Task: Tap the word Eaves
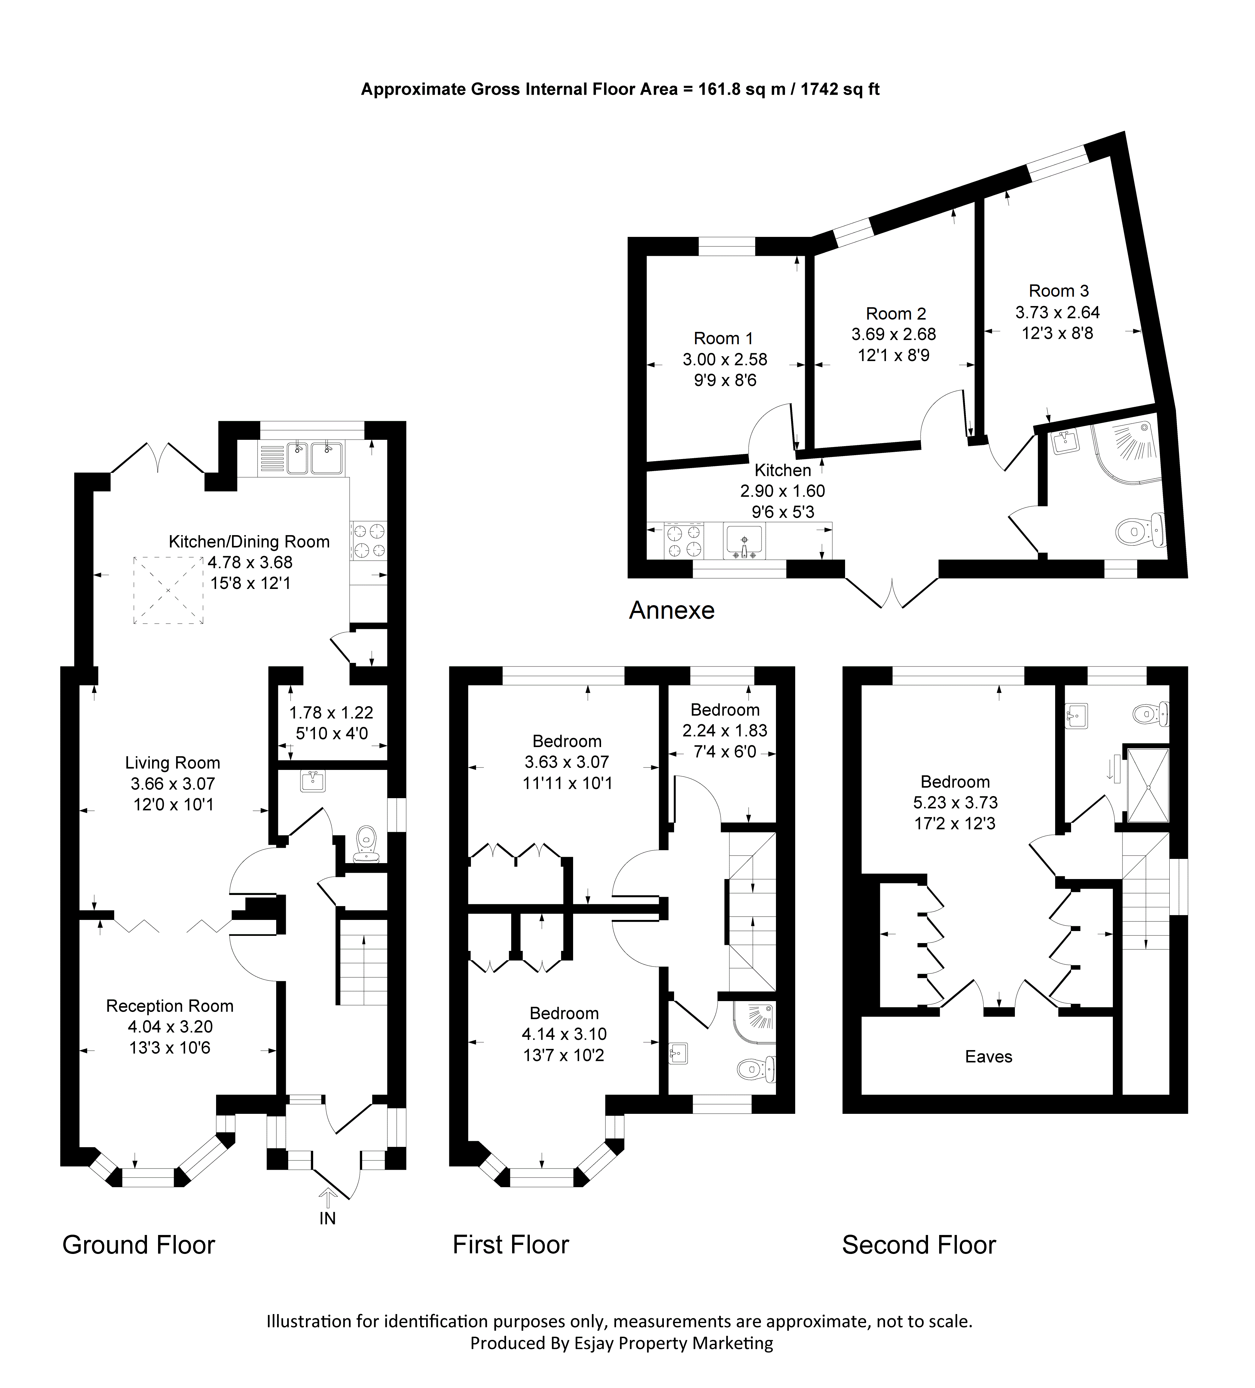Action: tap(988, 1056)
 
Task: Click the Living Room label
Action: tap(173, 763)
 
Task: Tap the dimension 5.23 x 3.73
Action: tap(955, 803)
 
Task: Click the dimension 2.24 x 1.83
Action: tap(725, 731)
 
